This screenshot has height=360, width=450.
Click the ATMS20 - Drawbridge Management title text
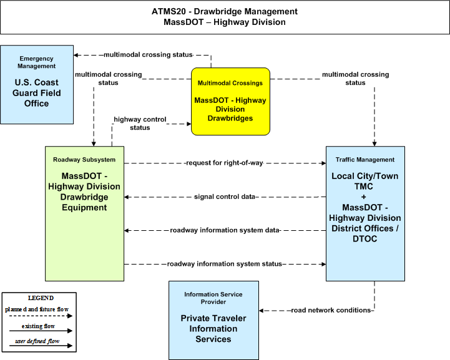pyautogui.click(x=225, y=11)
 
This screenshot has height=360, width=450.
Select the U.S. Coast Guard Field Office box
pyautogui.click(x=37, y=85)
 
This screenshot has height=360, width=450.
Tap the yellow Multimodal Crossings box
pyautogui.click(x=230, y=102)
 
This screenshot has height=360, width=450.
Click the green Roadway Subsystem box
pyautogui.click(x=85, y=214)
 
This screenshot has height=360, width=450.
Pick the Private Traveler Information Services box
pyautogui.click(x=214, y=320)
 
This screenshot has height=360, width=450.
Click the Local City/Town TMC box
pyautogui.click(x=365, y=214)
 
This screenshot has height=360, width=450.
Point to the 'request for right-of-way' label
pyautogui.click(x=225, y=163)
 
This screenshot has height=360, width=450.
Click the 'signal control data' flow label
pyautogui.click(x=225, y=197)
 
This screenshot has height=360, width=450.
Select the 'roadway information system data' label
pyautogui.click(x=225, y=230)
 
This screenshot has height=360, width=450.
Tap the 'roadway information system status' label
pyautogui.click(x=225, y=264)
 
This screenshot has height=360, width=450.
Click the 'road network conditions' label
pyautogui.click(x=331, y=310)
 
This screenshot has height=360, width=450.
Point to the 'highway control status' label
pyautogui.click(x=140, y=124)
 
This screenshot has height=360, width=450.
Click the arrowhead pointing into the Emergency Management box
pyautogui.click(x=76, y=55)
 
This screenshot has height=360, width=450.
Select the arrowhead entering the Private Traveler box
pyautogui.click(x=261, y=311)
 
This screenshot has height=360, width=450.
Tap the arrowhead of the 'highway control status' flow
pyautogui.click(x=189, y=124)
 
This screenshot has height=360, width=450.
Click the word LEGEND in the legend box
pyautogui.click(x=41, y=298)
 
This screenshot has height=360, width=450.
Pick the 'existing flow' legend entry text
pyautogui.click(x=38, y=326)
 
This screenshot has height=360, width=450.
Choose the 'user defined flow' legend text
pyautogui.click(x=37, y=341)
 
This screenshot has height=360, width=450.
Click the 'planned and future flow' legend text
pyautogui.click(x=37, y=309)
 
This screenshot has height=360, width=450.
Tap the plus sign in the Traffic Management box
pyautogui.click(x=364, y=197)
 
